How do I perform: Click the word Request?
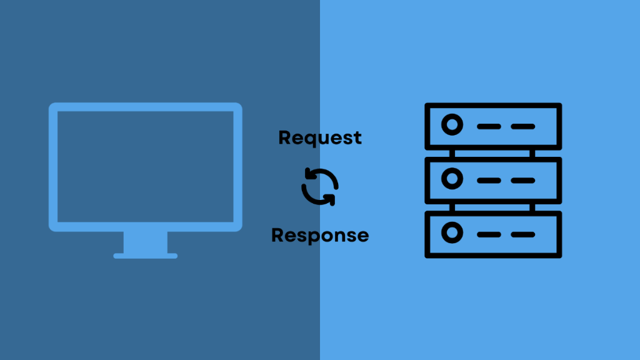point(320,137)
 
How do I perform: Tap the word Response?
point(320,236)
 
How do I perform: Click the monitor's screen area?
point(146,166)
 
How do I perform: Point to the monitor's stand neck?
point(146,242)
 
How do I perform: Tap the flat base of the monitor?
point(146,256)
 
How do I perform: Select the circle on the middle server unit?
point(451,180)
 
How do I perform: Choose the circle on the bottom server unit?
point(451,234)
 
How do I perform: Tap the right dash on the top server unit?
point(522,126)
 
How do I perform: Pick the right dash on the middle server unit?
point(522,180)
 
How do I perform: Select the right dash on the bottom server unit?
point(522,234)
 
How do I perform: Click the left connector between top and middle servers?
point(451,153)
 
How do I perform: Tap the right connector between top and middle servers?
point(533,153)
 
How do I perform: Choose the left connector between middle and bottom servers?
point(451,207)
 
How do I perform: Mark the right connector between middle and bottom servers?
point(533,207)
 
